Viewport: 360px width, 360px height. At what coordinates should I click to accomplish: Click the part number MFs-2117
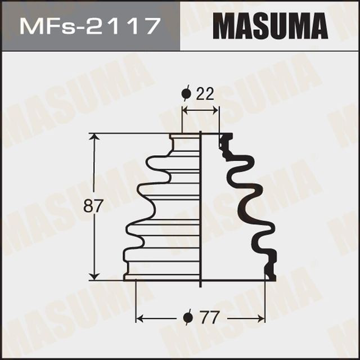pos(87,26)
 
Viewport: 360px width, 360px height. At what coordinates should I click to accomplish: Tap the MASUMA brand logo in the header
pos(271,26)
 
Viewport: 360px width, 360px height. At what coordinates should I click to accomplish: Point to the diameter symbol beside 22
pos(187,93)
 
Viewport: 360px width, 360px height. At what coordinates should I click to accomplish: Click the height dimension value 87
pos(94,206)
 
